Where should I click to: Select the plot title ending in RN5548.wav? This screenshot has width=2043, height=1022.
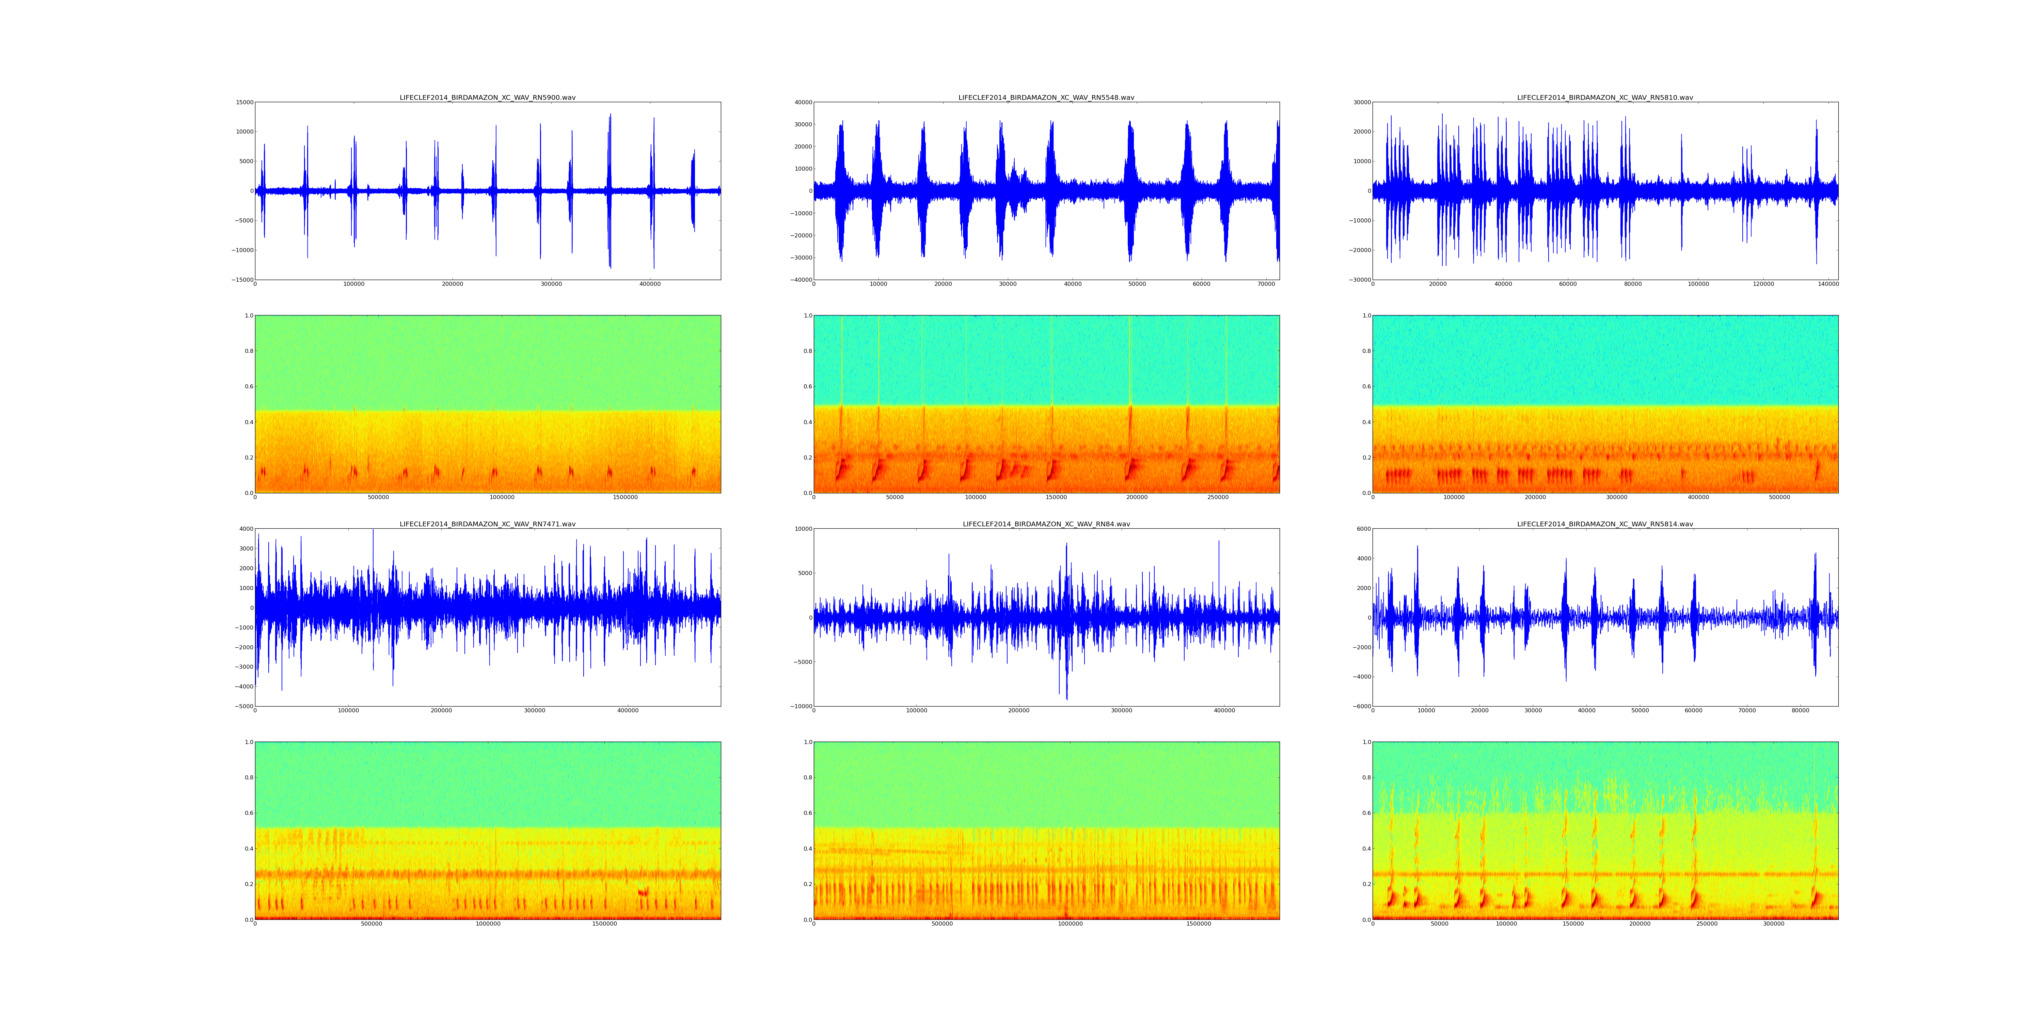[x=1046, y=97]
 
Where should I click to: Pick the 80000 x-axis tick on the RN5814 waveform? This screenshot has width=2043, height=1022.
[x=1800, y=710]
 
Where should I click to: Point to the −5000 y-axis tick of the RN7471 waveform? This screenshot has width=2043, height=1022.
[x=243, y=706]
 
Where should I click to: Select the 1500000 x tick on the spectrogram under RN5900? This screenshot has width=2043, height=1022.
[x=625, y=497]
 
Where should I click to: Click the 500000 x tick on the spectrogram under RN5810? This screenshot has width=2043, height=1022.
[x=1779, y=497]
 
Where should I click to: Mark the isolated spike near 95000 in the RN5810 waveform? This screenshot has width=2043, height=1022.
[x=1681, y=159]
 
